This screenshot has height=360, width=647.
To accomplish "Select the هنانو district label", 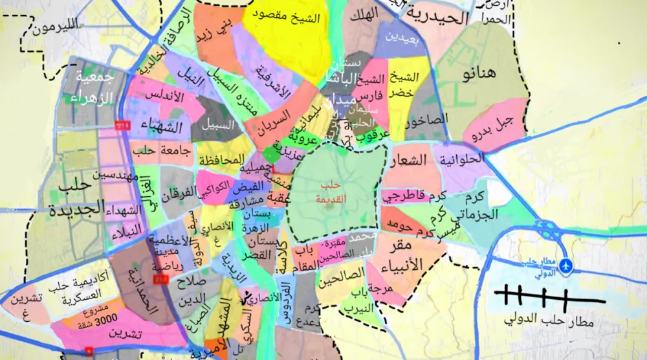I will (x=479, y=73).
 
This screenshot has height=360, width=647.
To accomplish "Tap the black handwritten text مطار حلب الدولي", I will (x=551, y=321).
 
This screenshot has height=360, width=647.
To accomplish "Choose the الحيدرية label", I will (x=440, y=17).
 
